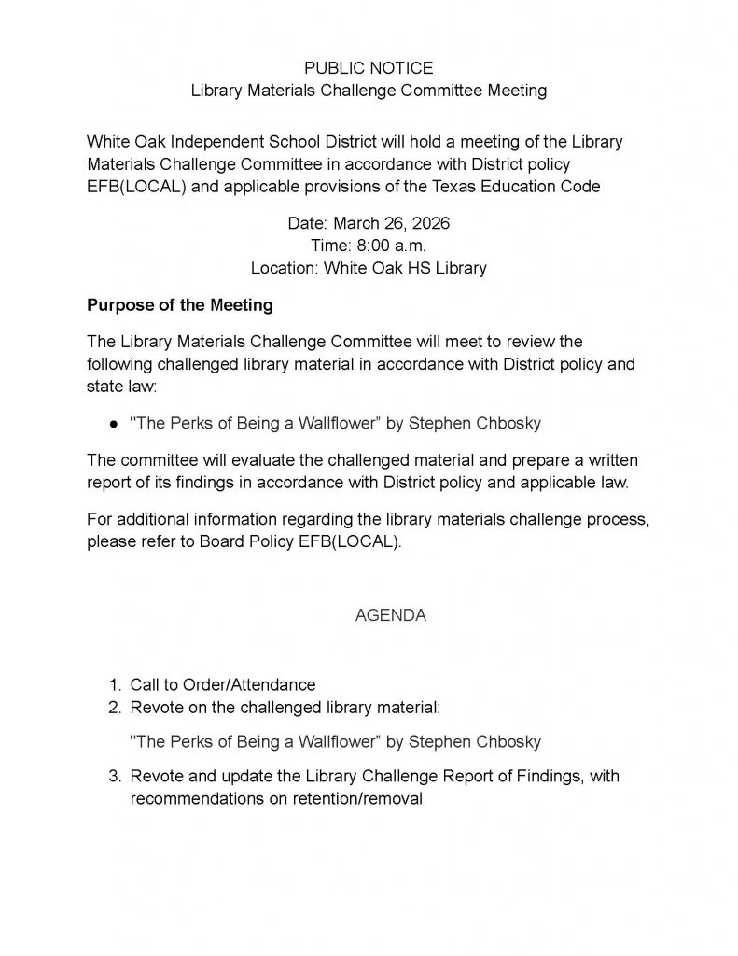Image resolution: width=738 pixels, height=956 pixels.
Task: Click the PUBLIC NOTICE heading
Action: (x=369, y=68)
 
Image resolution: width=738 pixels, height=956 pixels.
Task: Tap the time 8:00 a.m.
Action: (x=369, y=246)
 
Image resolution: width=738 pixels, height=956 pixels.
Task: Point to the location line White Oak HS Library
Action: (x=369, y=268)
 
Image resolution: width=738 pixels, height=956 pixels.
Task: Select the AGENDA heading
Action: (x=391, y=615)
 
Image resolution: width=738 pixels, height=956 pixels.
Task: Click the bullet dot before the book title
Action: (x=113, y=423)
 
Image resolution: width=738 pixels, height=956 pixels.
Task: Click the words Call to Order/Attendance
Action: (x=223, y=684)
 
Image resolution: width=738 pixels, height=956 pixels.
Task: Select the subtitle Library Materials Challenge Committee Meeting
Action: (x=369, y=91)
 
